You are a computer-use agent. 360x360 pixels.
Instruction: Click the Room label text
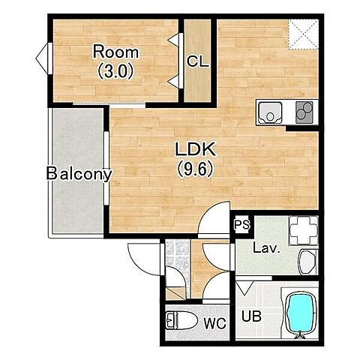coord(115,52)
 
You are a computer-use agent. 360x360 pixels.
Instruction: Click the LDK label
coord(195,149)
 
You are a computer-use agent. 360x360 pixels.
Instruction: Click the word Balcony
coord(79,174)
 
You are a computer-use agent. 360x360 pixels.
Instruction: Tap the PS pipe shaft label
coord(242,225)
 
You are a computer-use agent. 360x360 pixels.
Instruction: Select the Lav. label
coord(266,248)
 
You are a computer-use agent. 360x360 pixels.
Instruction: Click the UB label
coord(251,316)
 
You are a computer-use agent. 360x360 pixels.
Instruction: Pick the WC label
coord(215,323)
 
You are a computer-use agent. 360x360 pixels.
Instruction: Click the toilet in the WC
coord(181,320)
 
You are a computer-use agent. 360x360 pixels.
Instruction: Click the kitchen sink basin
coord(270,112)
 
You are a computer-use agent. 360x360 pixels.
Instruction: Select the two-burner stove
coord(304,112)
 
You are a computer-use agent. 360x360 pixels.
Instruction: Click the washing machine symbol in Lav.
coord(304,230)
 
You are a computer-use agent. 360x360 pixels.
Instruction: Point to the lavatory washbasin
coord(307,262)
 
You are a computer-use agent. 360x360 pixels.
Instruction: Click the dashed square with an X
coord(303,34)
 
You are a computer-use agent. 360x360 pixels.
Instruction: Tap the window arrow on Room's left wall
coord(41,58)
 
